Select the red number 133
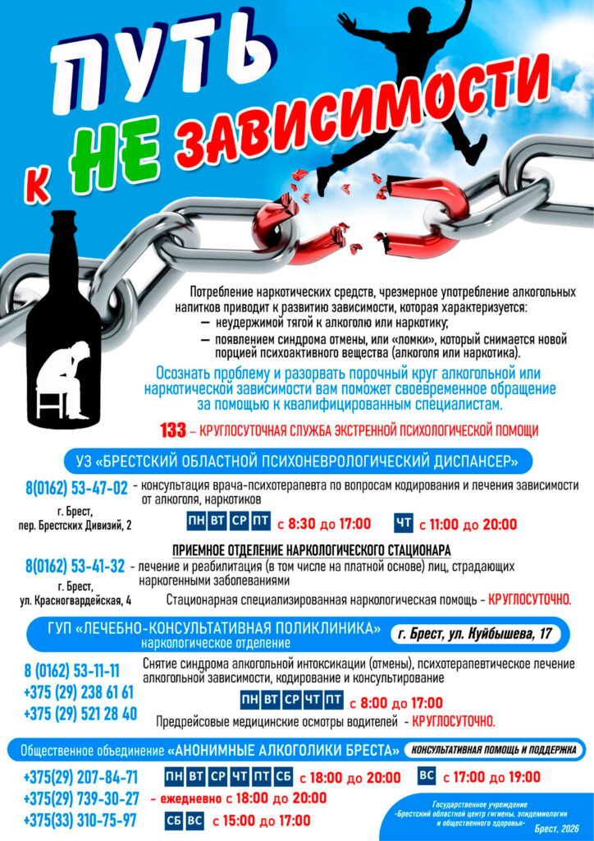click(173, 430)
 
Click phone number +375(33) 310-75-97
click(80, 820)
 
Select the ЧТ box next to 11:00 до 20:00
click(404, 524)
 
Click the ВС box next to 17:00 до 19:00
click(427, 776)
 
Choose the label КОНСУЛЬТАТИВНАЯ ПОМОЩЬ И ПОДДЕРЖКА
click(493, 750)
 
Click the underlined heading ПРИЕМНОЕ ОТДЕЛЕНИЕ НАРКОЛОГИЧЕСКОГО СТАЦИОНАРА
click(313, 549)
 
